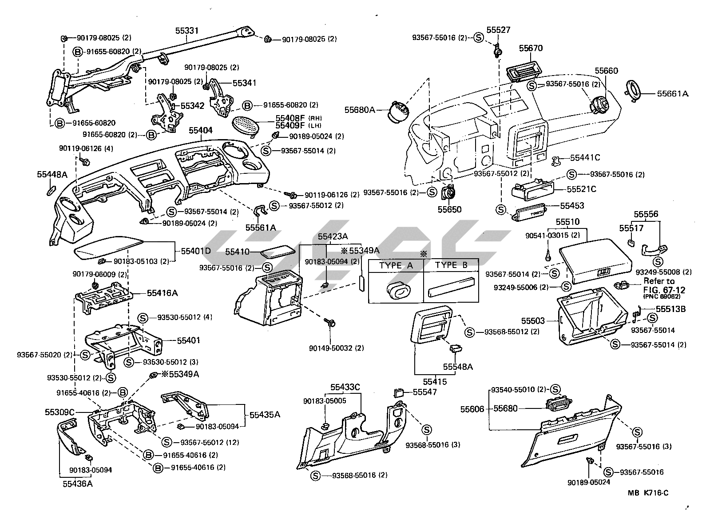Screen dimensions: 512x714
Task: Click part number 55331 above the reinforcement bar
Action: [x=186, y=31]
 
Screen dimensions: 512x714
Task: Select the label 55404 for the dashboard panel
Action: [x=201, y=130]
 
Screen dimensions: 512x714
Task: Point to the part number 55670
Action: [x=530, y=48]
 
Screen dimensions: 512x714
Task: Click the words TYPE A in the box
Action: [x=397, y=265]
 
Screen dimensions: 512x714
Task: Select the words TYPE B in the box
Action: [x=452, y=265]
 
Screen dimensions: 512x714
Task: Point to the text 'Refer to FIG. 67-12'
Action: [x=664, y=285]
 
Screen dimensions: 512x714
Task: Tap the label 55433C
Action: [x=345, y=387]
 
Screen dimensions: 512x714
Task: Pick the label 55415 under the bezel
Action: [x=435, y=381]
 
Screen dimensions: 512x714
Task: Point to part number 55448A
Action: [x=52, y=175]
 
